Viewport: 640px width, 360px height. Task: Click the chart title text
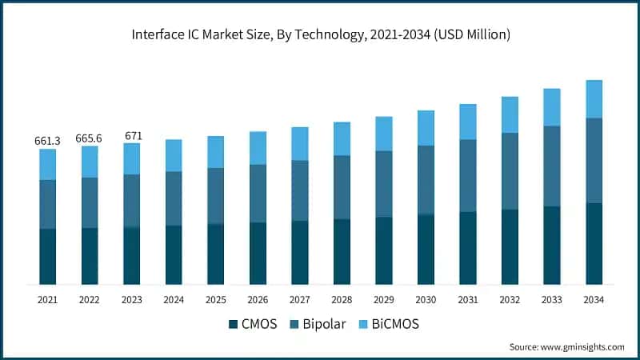[x=320, y=34]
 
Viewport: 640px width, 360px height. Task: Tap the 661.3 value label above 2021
[x=47, y=141]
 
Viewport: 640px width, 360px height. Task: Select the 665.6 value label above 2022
[x=90, y=138]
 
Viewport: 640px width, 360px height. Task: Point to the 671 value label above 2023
[x=131, y=136]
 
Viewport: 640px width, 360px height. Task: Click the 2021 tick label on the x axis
[x=47, y=299]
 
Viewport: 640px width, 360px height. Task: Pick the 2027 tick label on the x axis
[x=299, y=299]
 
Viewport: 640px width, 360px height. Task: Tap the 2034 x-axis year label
[x=594, y=299]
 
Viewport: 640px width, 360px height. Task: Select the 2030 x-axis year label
[x=426, y=299]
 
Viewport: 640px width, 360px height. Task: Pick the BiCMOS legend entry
[x=389, y=324]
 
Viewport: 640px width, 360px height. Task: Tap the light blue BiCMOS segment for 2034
[x=594, y=99]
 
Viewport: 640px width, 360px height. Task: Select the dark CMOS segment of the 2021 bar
[x=47, y=256]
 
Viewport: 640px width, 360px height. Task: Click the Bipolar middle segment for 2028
[x=342, y=187]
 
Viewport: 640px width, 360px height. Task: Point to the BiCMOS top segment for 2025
[x=215, y=152]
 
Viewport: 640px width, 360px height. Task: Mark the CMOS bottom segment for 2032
[x=510, y=246]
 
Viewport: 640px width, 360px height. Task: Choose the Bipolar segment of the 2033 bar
[x=551, y=166]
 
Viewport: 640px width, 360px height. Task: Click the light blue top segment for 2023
[x=131, y=158]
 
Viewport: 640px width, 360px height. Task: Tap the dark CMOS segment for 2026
[x=258, y=253]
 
